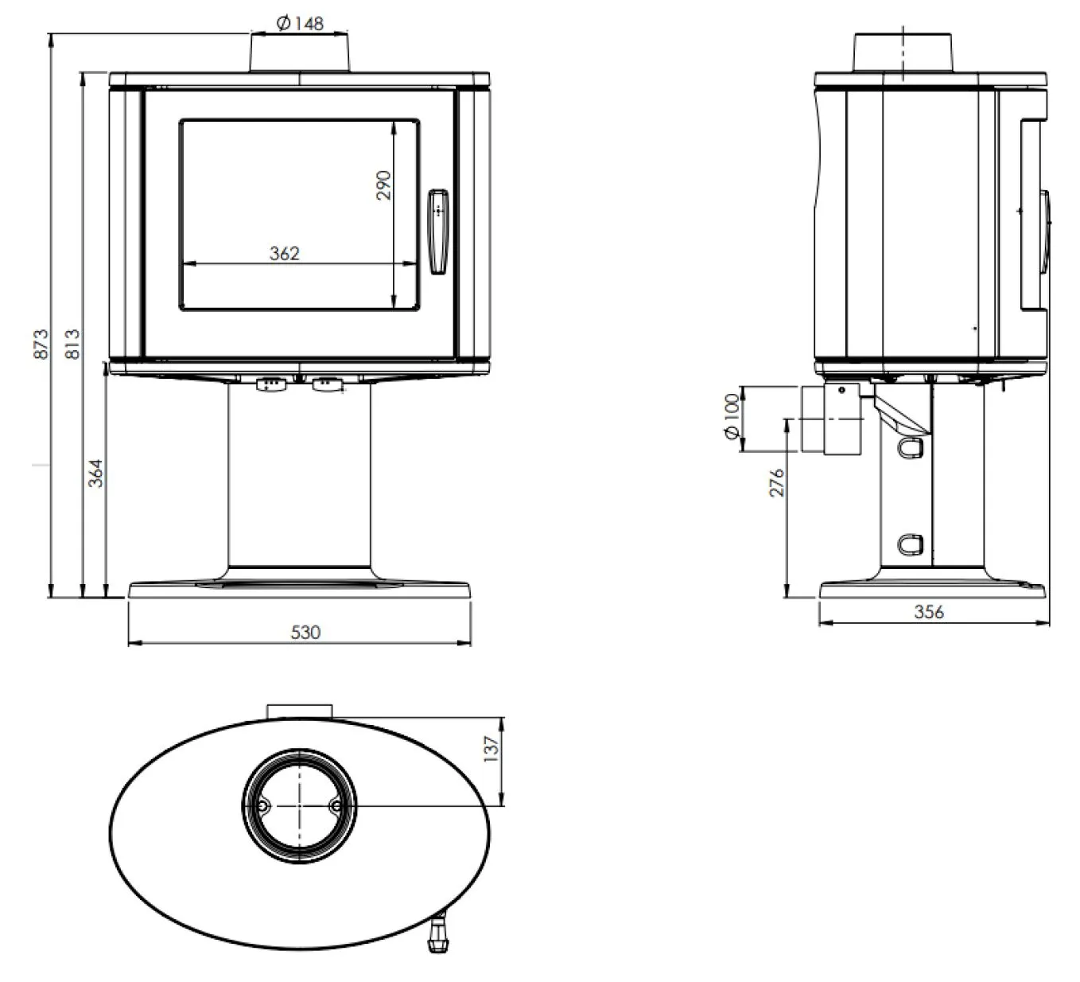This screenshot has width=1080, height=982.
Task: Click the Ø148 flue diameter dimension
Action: [300, 23]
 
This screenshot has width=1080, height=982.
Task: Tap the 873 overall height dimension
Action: [41, 344]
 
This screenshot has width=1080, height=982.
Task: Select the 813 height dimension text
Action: [72, 344]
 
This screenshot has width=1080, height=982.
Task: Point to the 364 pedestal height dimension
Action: [95, 473]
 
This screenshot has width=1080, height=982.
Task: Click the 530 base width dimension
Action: [305, 632]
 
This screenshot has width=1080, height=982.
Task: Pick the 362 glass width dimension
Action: [284, 253]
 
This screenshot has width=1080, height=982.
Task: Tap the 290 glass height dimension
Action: [383, 185]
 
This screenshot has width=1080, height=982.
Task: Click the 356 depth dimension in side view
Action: [929, 612]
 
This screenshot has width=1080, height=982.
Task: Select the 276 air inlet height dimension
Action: [776, 482]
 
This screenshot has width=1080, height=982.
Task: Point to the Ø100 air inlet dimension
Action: [732, 416]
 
